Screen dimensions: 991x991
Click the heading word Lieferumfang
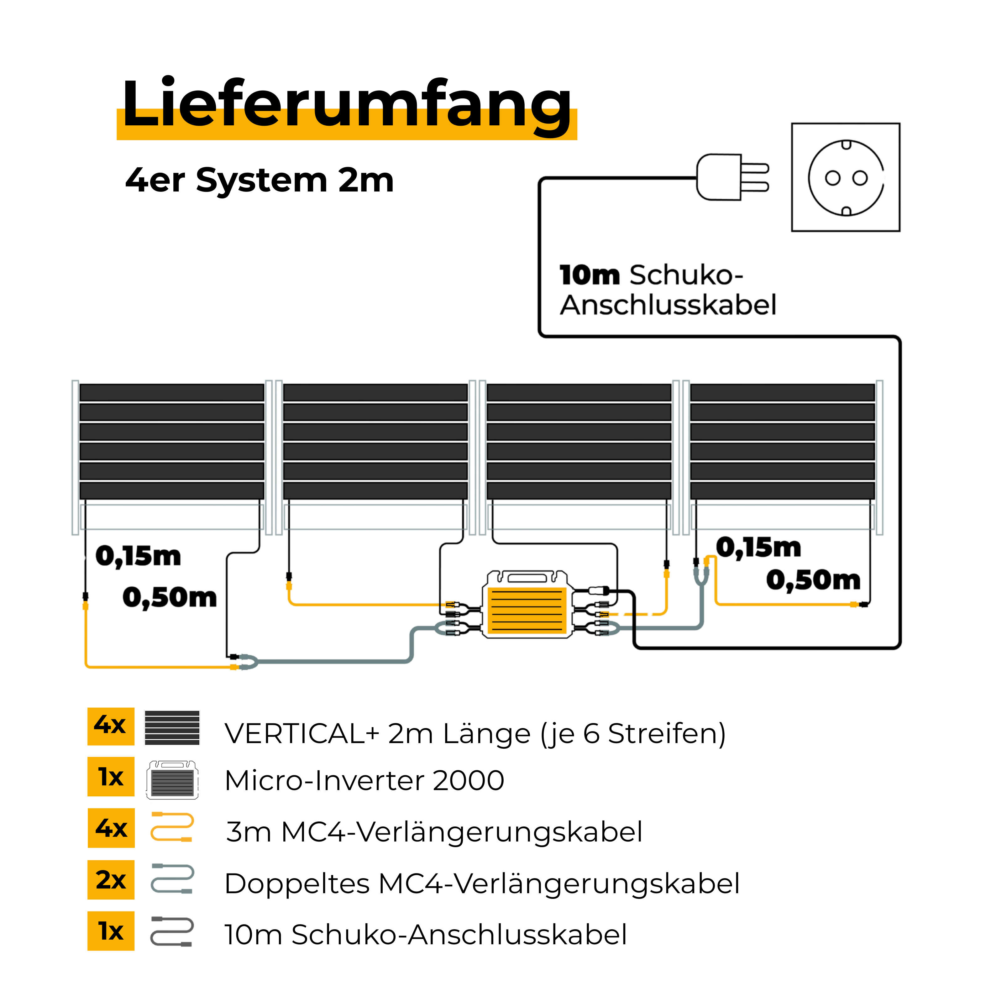[346, 104]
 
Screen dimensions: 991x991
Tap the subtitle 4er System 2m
[260, 181]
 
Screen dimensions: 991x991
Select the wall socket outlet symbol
[845, 177]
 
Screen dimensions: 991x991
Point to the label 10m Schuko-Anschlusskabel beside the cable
[667, 290]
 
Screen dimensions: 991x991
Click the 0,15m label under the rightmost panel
[758, 548]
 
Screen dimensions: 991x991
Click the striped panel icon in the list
[172, 727]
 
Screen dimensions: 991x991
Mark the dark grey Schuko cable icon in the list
[172, 931]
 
